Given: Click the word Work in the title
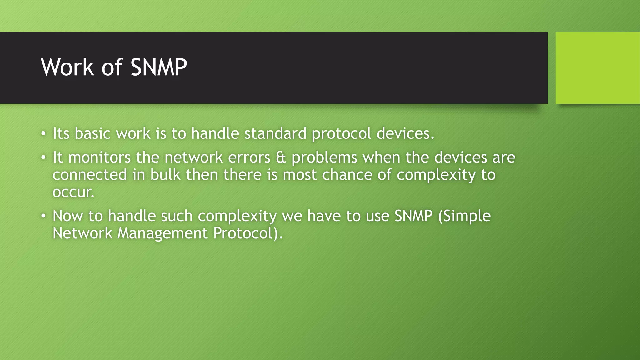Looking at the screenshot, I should (x=67, y=67).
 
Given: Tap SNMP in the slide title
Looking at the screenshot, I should (x=158, y=67).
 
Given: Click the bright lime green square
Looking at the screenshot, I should (x=597, y=68).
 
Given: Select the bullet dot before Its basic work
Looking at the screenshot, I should (x=43, y=134).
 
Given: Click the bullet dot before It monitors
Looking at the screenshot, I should (x=43, y=157).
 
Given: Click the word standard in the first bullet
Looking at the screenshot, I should (x=275, y=133).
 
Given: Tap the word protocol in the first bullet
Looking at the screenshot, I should (x=341, y=134).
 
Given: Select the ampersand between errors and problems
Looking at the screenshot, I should (x=281, y=157).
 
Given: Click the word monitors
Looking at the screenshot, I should (x=99, y=157).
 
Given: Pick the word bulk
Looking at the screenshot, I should (x=165, y=174).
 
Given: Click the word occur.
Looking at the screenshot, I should (x=73, y=192).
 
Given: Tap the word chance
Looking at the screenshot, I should (x=347, y=174).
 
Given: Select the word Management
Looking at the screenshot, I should (x=162, y=233).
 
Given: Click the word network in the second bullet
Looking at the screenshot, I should (x=193, y=157).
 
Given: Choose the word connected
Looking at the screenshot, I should (x=90, y=174).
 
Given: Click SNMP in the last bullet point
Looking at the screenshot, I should (x=413, y=216).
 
